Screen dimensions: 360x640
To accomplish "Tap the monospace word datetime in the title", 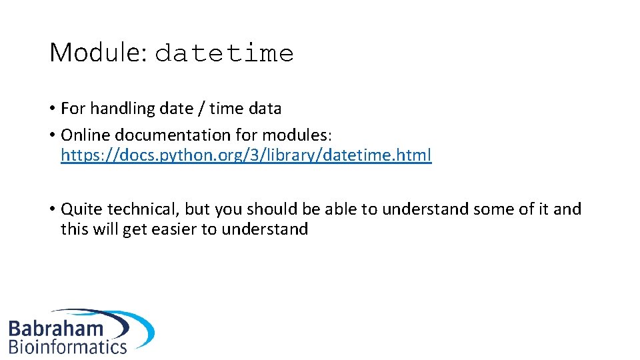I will (x=224, y=54).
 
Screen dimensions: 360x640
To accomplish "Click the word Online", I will (x=83, y=135).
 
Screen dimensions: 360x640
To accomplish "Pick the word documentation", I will (x=171, y=135).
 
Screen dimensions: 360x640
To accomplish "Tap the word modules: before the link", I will (x=301, y=135).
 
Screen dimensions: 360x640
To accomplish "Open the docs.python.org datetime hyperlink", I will (x=246, y=155).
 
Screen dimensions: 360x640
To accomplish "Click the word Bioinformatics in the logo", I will (x=67, y=346).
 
